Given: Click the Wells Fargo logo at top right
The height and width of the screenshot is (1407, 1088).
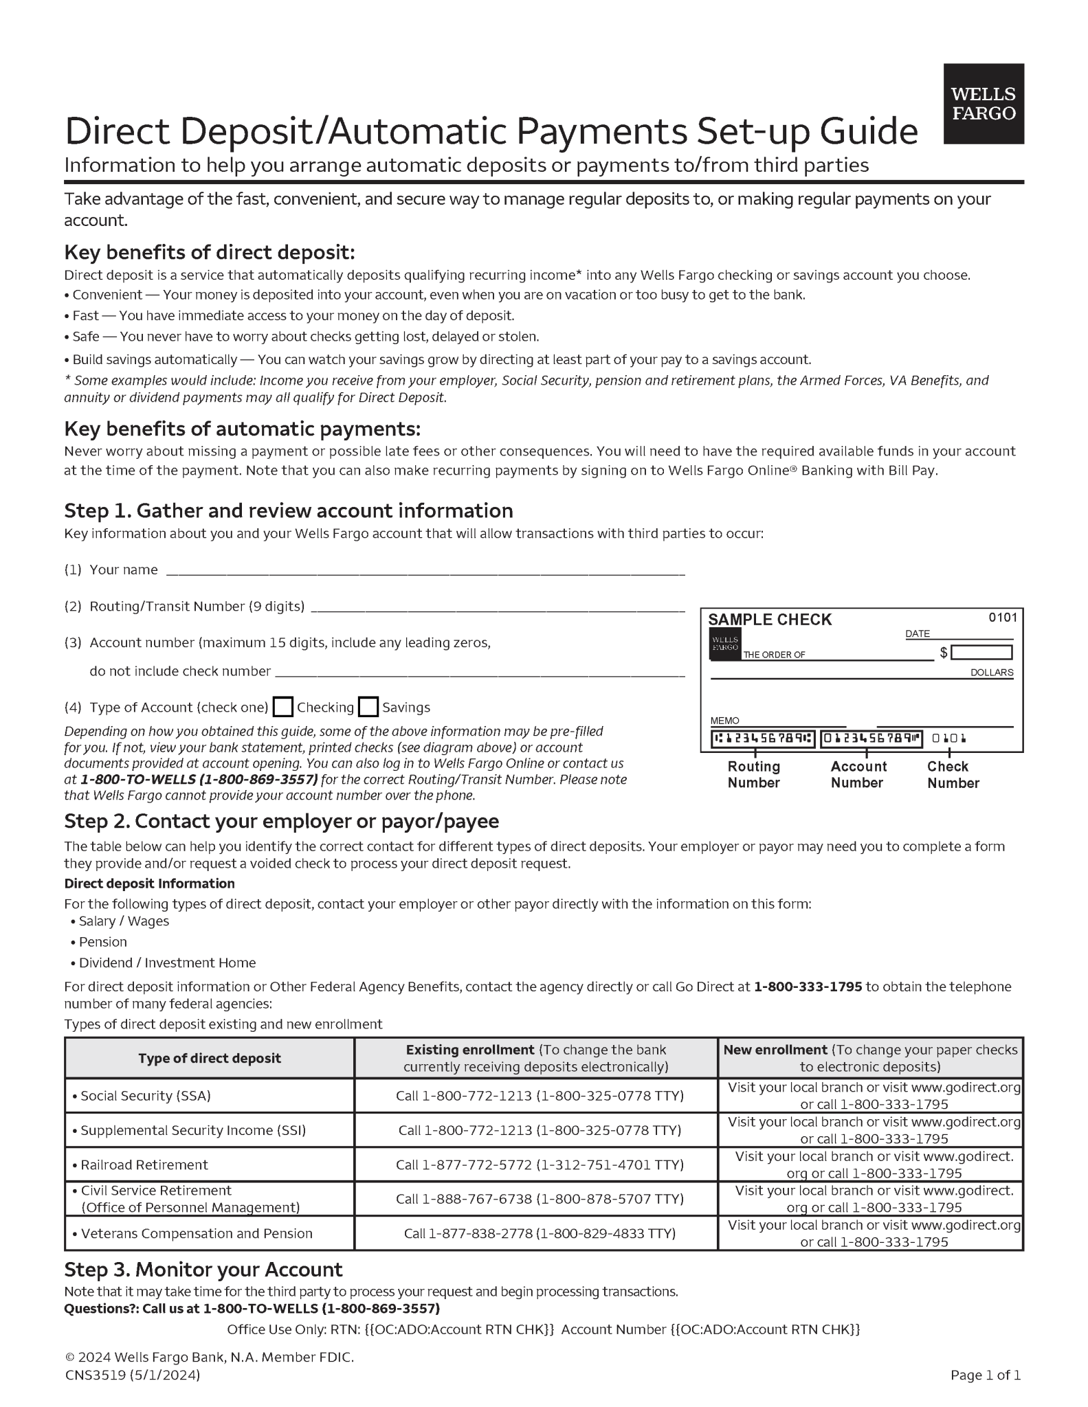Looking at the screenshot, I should (983, 104).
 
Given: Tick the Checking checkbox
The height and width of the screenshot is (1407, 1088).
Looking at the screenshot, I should (282, 707).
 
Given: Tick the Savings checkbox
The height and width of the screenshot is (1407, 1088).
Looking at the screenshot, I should (368, 707).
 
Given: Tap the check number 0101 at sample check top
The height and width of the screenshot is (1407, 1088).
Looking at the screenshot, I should (1002, 617).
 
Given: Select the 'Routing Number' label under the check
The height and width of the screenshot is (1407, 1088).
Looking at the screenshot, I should (753, 774).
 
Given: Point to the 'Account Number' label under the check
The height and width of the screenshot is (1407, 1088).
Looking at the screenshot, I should (858, 774).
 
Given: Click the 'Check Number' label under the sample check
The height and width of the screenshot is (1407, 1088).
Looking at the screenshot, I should (952, 774).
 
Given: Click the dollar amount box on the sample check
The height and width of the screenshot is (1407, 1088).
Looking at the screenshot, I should (981, 652).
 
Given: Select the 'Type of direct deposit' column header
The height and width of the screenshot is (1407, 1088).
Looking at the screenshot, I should (210, 1058).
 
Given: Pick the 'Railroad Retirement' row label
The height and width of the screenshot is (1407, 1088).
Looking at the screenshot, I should (144, 1164).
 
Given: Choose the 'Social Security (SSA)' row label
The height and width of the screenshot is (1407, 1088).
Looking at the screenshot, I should (145, 1096).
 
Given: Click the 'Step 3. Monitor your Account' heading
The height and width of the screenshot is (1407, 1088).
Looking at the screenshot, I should (203, 1269).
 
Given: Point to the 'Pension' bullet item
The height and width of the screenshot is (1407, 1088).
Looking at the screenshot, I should (102, 942).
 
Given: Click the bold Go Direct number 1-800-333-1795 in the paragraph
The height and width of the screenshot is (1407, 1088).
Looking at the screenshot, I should (808, 987).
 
